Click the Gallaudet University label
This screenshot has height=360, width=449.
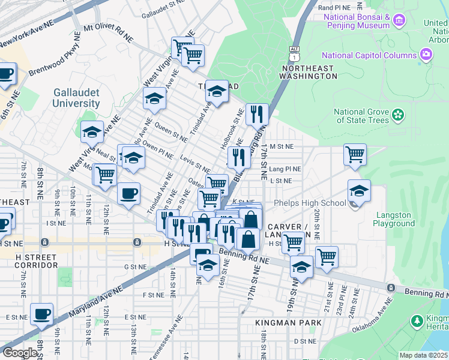coord(76,98)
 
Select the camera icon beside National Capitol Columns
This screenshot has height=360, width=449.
coord(426,55)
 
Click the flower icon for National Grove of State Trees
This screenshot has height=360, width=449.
coord(397,115)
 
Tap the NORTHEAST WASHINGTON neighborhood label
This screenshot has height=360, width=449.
coord(309,72)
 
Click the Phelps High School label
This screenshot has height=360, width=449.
coord(309,203)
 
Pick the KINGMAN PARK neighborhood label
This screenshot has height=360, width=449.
coord(289,323)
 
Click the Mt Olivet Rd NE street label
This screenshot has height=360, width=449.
coord(108,32)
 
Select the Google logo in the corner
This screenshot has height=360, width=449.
coord(20,352)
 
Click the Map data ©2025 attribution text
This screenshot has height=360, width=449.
coord(423,355)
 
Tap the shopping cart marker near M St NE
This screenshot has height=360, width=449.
coord(355,154)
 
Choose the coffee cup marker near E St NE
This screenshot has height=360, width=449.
coord(41,314)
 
